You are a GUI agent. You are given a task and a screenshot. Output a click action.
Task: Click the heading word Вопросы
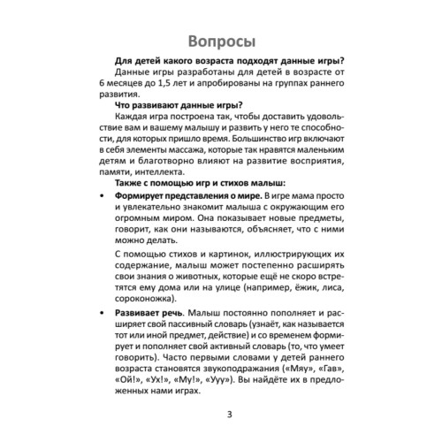click(x=220, y=42)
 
